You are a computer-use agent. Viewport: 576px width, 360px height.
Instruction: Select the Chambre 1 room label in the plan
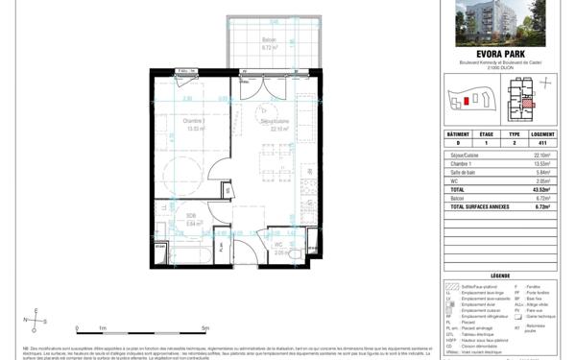195,124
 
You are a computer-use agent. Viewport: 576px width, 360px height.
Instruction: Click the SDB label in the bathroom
191,218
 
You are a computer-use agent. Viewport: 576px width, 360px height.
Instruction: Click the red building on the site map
467,99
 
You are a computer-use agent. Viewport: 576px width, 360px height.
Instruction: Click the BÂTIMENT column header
457,135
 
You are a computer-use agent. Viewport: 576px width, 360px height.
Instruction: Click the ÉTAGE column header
486,135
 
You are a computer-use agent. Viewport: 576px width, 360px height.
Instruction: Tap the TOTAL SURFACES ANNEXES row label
476,206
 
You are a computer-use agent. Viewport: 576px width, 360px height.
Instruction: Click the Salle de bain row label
463,173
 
